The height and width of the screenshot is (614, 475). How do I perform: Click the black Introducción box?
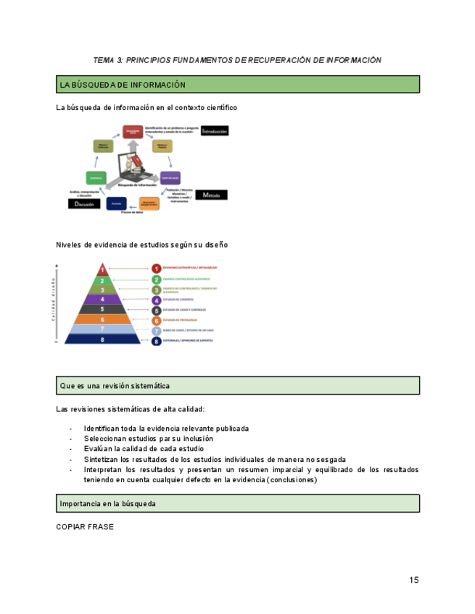coord(215,132)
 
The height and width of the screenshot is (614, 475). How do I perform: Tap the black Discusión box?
coord(83,204)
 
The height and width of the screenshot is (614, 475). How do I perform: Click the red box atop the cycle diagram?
coord(131,131)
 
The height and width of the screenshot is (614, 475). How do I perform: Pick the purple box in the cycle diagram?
coord(170,177)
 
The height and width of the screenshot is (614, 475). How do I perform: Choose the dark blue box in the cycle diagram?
coord(117,204)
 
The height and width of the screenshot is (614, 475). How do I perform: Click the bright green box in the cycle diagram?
coord(94,177)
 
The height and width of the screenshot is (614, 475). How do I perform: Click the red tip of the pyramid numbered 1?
coord(103,270)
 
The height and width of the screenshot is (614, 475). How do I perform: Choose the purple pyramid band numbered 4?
coord(103,299)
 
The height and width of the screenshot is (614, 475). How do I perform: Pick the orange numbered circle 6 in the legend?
coord(156,320)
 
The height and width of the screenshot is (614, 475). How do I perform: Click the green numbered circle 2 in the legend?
coord(156,279)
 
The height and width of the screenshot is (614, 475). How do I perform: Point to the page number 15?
coord(413,580)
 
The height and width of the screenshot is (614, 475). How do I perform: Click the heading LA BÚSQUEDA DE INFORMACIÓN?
coord(123,85)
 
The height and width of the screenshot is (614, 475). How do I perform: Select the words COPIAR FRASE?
coord(85,527)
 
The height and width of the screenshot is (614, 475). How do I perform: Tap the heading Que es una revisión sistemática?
coord(115,386)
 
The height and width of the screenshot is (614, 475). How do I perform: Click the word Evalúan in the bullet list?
coord(99,449)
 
